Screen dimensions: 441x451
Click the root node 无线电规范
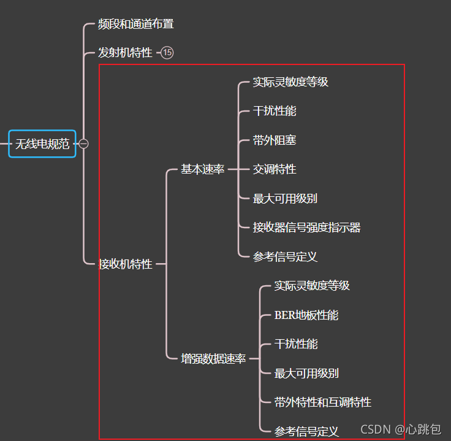pos(42,144)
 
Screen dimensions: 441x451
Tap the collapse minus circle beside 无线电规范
pos(84,144)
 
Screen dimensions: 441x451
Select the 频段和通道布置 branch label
pos(136,24)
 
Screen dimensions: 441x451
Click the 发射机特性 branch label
pos(125,53)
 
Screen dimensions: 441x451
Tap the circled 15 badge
pos(167,53)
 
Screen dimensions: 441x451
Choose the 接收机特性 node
pos(126,264)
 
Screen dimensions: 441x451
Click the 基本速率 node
pos(202,169)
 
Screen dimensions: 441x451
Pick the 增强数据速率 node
pos(213,359)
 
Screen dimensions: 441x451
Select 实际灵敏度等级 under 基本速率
pos(290,82)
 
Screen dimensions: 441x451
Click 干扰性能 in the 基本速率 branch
pos(275,111)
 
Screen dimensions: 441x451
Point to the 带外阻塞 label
pos(275,140)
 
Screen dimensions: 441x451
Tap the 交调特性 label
pos(275,169)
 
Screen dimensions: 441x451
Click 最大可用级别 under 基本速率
pos(285,199)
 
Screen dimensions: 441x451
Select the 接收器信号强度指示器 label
pos(306,228)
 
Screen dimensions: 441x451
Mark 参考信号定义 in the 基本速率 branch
pos(285,257)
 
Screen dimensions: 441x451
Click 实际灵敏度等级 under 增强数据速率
pos(312,286)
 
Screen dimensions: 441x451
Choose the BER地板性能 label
pos(306,315)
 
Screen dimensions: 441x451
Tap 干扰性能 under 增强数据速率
pos(296,344)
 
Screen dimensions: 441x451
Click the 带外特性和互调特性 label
pos(322,402)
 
